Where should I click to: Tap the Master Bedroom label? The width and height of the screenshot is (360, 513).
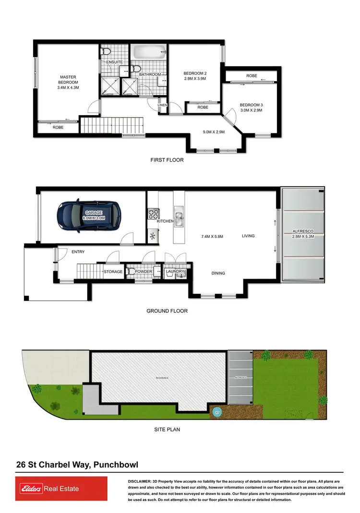(68, 82)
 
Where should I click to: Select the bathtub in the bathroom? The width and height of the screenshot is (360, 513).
(149, 52)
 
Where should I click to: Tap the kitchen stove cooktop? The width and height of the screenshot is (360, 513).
(153, 213)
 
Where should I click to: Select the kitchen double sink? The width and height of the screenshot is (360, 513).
(179, 218)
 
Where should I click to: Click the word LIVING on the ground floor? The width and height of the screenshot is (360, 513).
(248, 236)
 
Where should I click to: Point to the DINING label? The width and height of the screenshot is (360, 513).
(218, 273)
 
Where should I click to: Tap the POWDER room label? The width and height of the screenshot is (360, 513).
(144, 272)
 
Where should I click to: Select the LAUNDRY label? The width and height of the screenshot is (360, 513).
(175, 272)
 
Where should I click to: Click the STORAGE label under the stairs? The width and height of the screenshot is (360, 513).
(113, 272)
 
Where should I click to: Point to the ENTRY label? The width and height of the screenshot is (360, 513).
(78, 252)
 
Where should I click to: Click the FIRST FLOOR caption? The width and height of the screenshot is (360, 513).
(167, 160)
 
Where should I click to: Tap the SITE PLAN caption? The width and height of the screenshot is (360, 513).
(167, 429)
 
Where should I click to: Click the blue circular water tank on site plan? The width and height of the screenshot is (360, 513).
(216, 411)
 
